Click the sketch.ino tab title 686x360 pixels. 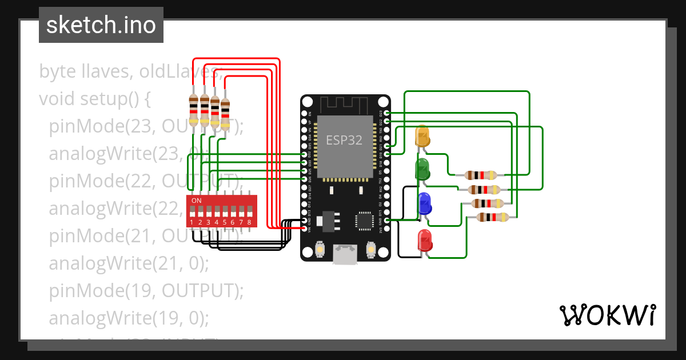[x=101, y=25]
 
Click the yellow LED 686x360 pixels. [x=422, y=138]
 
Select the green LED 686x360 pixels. [x=422, y=170]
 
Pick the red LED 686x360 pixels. [x=424, y=241]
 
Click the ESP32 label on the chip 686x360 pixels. [x=344, y=140]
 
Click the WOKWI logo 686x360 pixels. [x=607, y=315]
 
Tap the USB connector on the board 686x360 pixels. [x=345, y=254]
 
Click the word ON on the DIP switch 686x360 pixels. [x=196, y=201]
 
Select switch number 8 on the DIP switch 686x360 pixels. [x=249, y=214]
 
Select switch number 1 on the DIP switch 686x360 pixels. [x=193, y=214]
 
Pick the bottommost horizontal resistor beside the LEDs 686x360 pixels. [x=492, y=217]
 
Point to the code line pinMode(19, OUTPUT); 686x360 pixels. [x=146, y=290]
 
